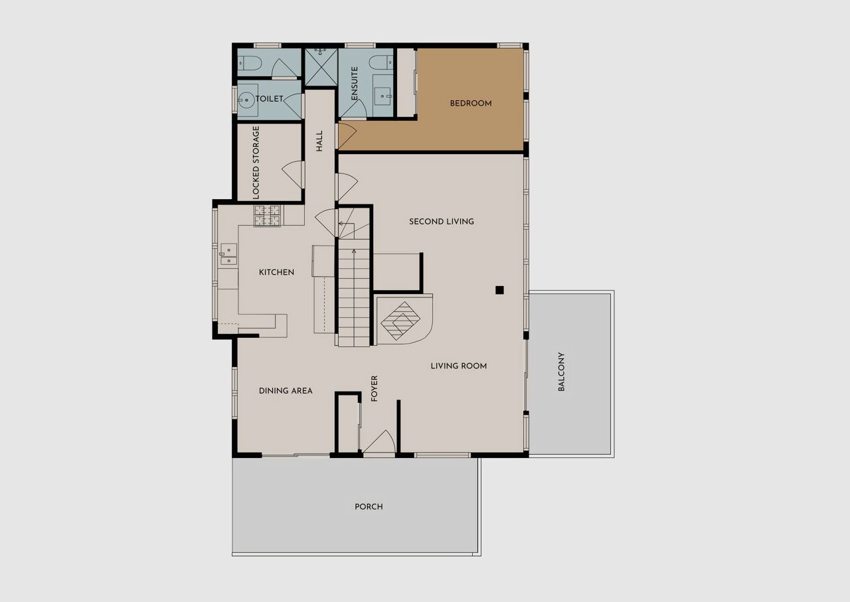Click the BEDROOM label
click(x=471, y=103)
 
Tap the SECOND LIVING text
click(x=442, y=222)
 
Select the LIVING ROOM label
click(x=458, y=366)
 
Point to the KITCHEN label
click(x=276, y=272)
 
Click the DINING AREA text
click(x=286, y=391)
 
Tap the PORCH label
click(x=369, y=507)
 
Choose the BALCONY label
click(x=561, y=372)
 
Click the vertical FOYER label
click(x=374, y=388)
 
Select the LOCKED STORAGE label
click(x=256, y=163)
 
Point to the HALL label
click(x=319, y=141)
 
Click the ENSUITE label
click(x=355, y=84)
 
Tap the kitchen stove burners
click(x=267, y=216)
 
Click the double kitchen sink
click(x=228, y=254)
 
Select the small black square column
click(x=499, y=290)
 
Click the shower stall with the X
click(x=321, y=67)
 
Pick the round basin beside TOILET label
click(x=246, y=100)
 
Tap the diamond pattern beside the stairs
click(x=400, y=321)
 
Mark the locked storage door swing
click(x=293, y=175)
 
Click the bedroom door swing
click(x=347, y=135)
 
